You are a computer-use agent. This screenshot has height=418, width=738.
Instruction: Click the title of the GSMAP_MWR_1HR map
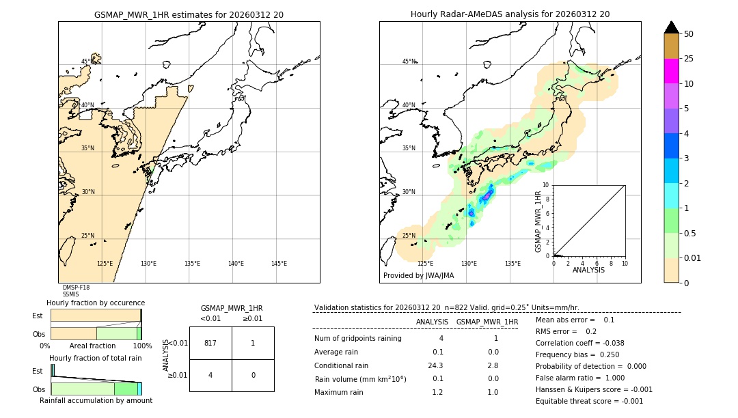189,14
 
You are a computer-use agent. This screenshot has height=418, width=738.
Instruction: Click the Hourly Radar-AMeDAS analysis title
510,14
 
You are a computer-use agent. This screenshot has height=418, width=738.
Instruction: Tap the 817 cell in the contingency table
210,343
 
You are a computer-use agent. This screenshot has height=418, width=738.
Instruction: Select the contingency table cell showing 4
210,376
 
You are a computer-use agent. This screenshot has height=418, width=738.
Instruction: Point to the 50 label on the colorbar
689,34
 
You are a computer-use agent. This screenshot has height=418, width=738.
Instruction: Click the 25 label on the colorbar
689,59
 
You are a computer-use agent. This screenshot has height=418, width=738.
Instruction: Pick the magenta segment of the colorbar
671,71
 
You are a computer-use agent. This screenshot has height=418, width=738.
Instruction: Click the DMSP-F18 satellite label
76,288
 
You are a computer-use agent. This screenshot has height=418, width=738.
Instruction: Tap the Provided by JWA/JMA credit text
418,275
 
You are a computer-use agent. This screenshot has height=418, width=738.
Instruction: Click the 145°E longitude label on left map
279,264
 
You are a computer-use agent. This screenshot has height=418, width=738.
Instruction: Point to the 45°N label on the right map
409,61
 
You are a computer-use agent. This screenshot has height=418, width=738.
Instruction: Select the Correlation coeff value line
579,343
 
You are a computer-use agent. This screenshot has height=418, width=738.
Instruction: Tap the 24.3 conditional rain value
435,365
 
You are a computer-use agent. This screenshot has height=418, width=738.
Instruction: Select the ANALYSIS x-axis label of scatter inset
588,270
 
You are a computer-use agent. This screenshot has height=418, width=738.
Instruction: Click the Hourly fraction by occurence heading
96,303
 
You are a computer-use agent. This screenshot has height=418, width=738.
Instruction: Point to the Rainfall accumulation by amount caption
96,400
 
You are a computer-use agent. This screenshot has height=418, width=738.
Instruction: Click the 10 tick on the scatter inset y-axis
547,185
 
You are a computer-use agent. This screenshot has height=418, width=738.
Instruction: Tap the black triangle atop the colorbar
671,27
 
